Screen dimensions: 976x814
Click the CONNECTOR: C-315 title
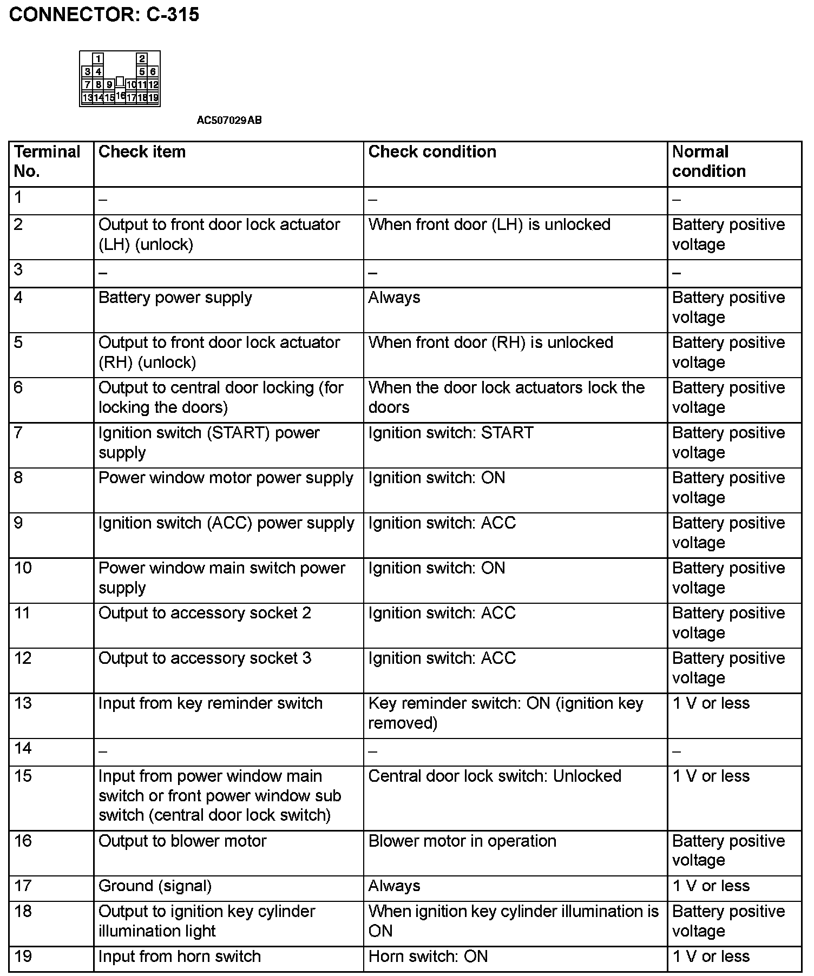(104, 14)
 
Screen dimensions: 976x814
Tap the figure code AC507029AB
(229, 120)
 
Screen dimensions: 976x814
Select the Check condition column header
(432, 152)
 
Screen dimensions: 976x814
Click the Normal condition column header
(708, 161)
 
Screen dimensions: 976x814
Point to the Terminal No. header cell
(47, 161)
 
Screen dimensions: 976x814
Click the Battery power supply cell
(175, 298)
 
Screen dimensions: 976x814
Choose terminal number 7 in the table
(19, 433)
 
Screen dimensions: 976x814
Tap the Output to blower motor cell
(182, 841)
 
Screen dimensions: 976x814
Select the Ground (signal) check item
(155, 886)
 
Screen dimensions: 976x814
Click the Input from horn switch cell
(179, 957)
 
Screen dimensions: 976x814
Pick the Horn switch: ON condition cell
(428, 957)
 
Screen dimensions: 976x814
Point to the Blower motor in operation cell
(462, 841)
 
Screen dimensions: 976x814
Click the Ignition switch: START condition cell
(450, 433)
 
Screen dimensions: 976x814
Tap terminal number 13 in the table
(23, 703)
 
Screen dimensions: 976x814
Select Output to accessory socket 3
(205, 658)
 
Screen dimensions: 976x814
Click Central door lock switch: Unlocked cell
(494, 776)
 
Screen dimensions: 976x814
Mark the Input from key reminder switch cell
(210, 703)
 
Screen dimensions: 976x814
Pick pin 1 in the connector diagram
(98, 58)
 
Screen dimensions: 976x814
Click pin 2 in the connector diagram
(142, 58)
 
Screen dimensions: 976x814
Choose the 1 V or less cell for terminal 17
(711, 886)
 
